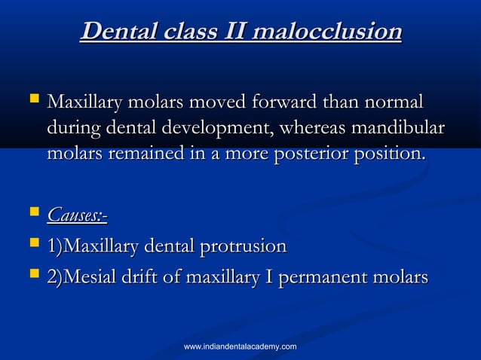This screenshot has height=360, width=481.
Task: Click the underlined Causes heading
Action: [77, 216]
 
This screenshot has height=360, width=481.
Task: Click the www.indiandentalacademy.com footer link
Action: [240, 346]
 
